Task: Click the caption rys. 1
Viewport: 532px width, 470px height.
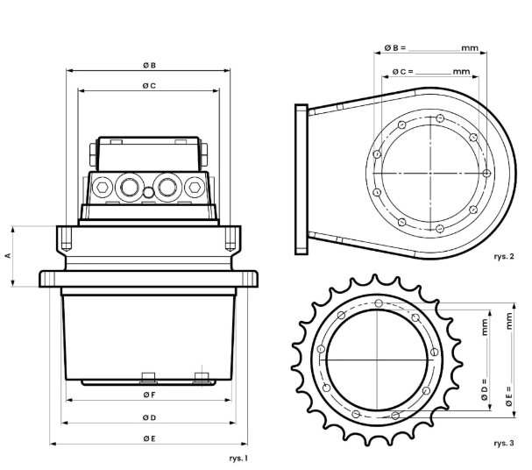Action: (x=238, y=458)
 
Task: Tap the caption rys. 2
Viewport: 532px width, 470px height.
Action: (x=504, y=256)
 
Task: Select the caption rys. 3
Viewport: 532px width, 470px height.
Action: (x=504, y=443)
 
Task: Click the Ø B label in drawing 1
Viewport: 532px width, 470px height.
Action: (x=149, y=65)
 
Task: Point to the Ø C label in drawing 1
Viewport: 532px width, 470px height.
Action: (x=149, y=86)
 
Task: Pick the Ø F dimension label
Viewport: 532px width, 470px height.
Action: (x=149, y=395)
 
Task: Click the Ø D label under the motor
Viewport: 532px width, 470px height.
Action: (x=149, y=417)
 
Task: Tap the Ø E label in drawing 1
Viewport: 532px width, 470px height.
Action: (x=149, y=438)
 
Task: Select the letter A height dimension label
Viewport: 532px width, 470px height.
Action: (x=8, y=255)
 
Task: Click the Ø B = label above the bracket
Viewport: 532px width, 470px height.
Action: (x=395, y=48)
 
